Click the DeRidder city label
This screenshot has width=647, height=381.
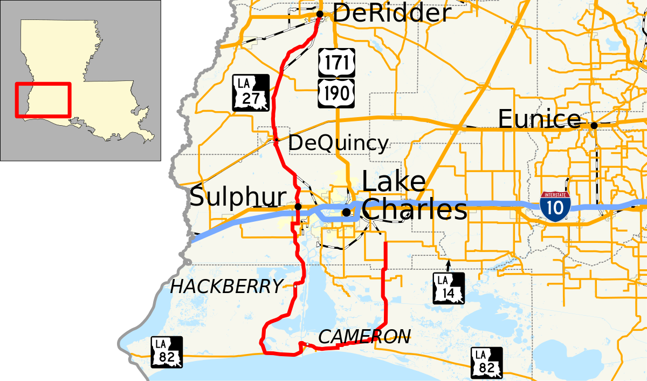[x=391, y=13]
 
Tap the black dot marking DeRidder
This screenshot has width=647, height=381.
[x=320, y=14]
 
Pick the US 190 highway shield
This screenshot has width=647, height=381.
[x=336, y=92]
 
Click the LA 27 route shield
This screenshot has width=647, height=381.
[x=251, y=93]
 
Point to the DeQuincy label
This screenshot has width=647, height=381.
[x=338, y=144]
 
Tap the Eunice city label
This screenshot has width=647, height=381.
[x=539, y=119]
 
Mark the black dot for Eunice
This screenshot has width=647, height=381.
[x=594, y=125]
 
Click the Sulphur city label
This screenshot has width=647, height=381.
[x=237, y=198]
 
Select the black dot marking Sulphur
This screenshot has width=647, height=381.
[x=298, y=206]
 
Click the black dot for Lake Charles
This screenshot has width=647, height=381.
[x=346, y=212]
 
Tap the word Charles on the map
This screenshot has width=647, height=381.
[x=414, y=210]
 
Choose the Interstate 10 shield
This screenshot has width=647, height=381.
[x=555, y=207]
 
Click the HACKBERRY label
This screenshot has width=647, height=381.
[x=226, y=287]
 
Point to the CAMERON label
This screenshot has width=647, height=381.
[x=364, y=337]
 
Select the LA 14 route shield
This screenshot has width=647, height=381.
[x=449, y=288]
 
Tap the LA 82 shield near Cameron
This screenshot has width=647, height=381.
[x=487, y=363]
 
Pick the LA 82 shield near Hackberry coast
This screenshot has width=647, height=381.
[x=167, y=352]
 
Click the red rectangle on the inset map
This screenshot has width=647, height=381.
[x=43, y=100]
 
